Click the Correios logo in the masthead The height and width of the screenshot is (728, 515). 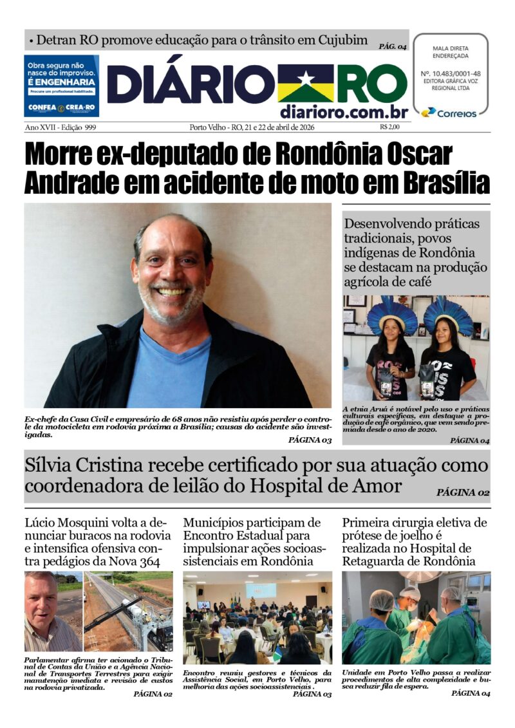449,113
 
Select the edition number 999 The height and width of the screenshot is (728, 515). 90,127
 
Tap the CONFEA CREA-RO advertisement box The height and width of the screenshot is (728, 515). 61,86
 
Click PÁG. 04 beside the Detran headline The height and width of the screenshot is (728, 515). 393,46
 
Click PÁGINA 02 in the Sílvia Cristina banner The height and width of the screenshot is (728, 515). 463,493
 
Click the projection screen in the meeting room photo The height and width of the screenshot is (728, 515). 261,591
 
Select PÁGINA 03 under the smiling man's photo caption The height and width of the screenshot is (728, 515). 310,440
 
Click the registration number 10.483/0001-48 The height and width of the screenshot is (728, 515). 451,73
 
